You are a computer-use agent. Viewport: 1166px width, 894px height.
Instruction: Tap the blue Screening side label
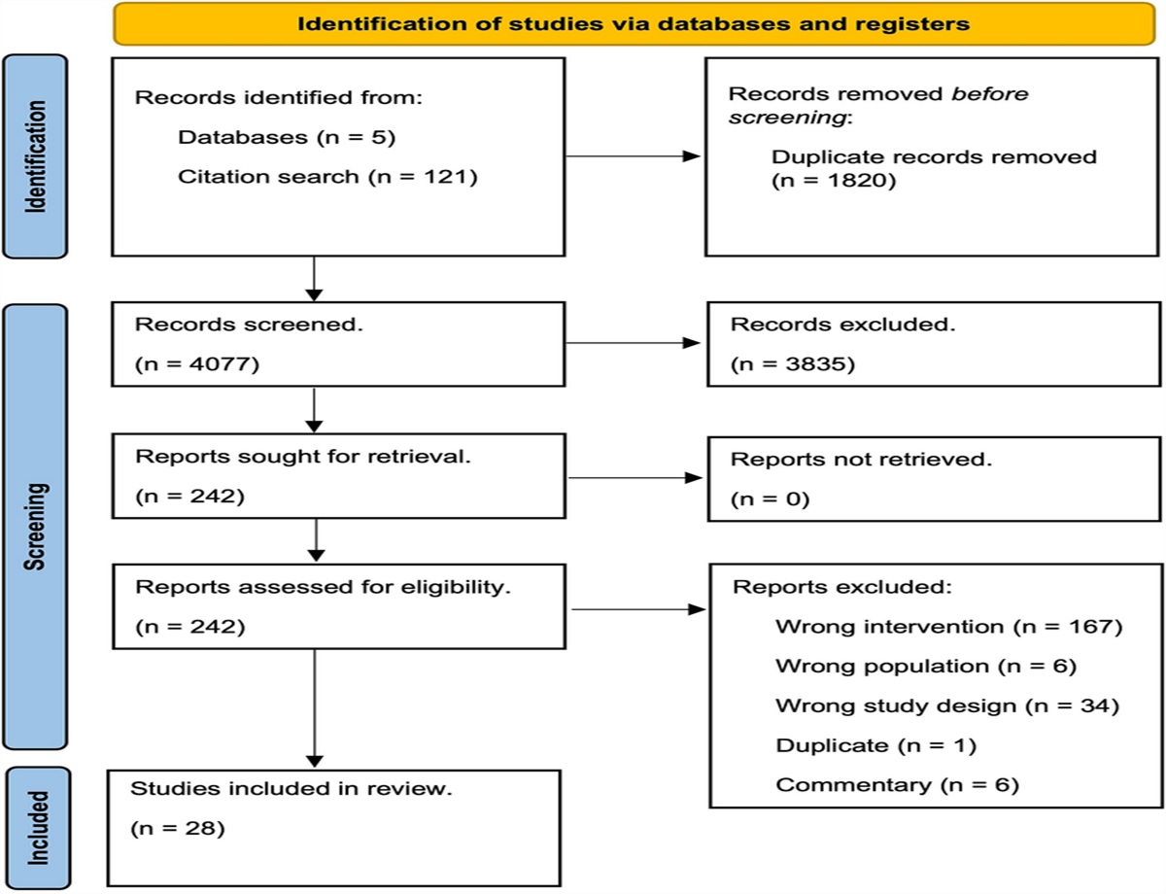click(39, 526)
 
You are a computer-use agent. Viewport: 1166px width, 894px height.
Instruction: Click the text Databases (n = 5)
click(286, 137)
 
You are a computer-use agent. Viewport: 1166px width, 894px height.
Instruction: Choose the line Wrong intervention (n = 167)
click(948, 627)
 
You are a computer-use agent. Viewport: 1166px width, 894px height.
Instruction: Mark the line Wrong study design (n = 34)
click(947, 706)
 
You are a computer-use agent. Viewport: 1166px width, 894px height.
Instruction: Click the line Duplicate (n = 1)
click(875, 745)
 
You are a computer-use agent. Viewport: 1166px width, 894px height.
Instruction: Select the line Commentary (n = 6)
click(897, 785)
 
